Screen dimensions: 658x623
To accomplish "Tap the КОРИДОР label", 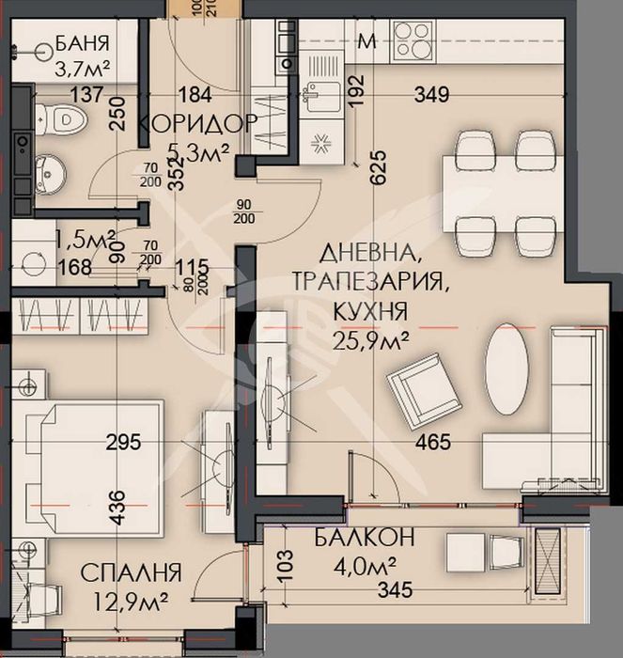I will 198,124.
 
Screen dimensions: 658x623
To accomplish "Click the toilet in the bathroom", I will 62,118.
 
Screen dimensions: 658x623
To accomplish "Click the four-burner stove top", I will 413,39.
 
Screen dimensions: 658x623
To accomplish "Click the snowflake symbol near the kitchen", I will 320,144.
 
